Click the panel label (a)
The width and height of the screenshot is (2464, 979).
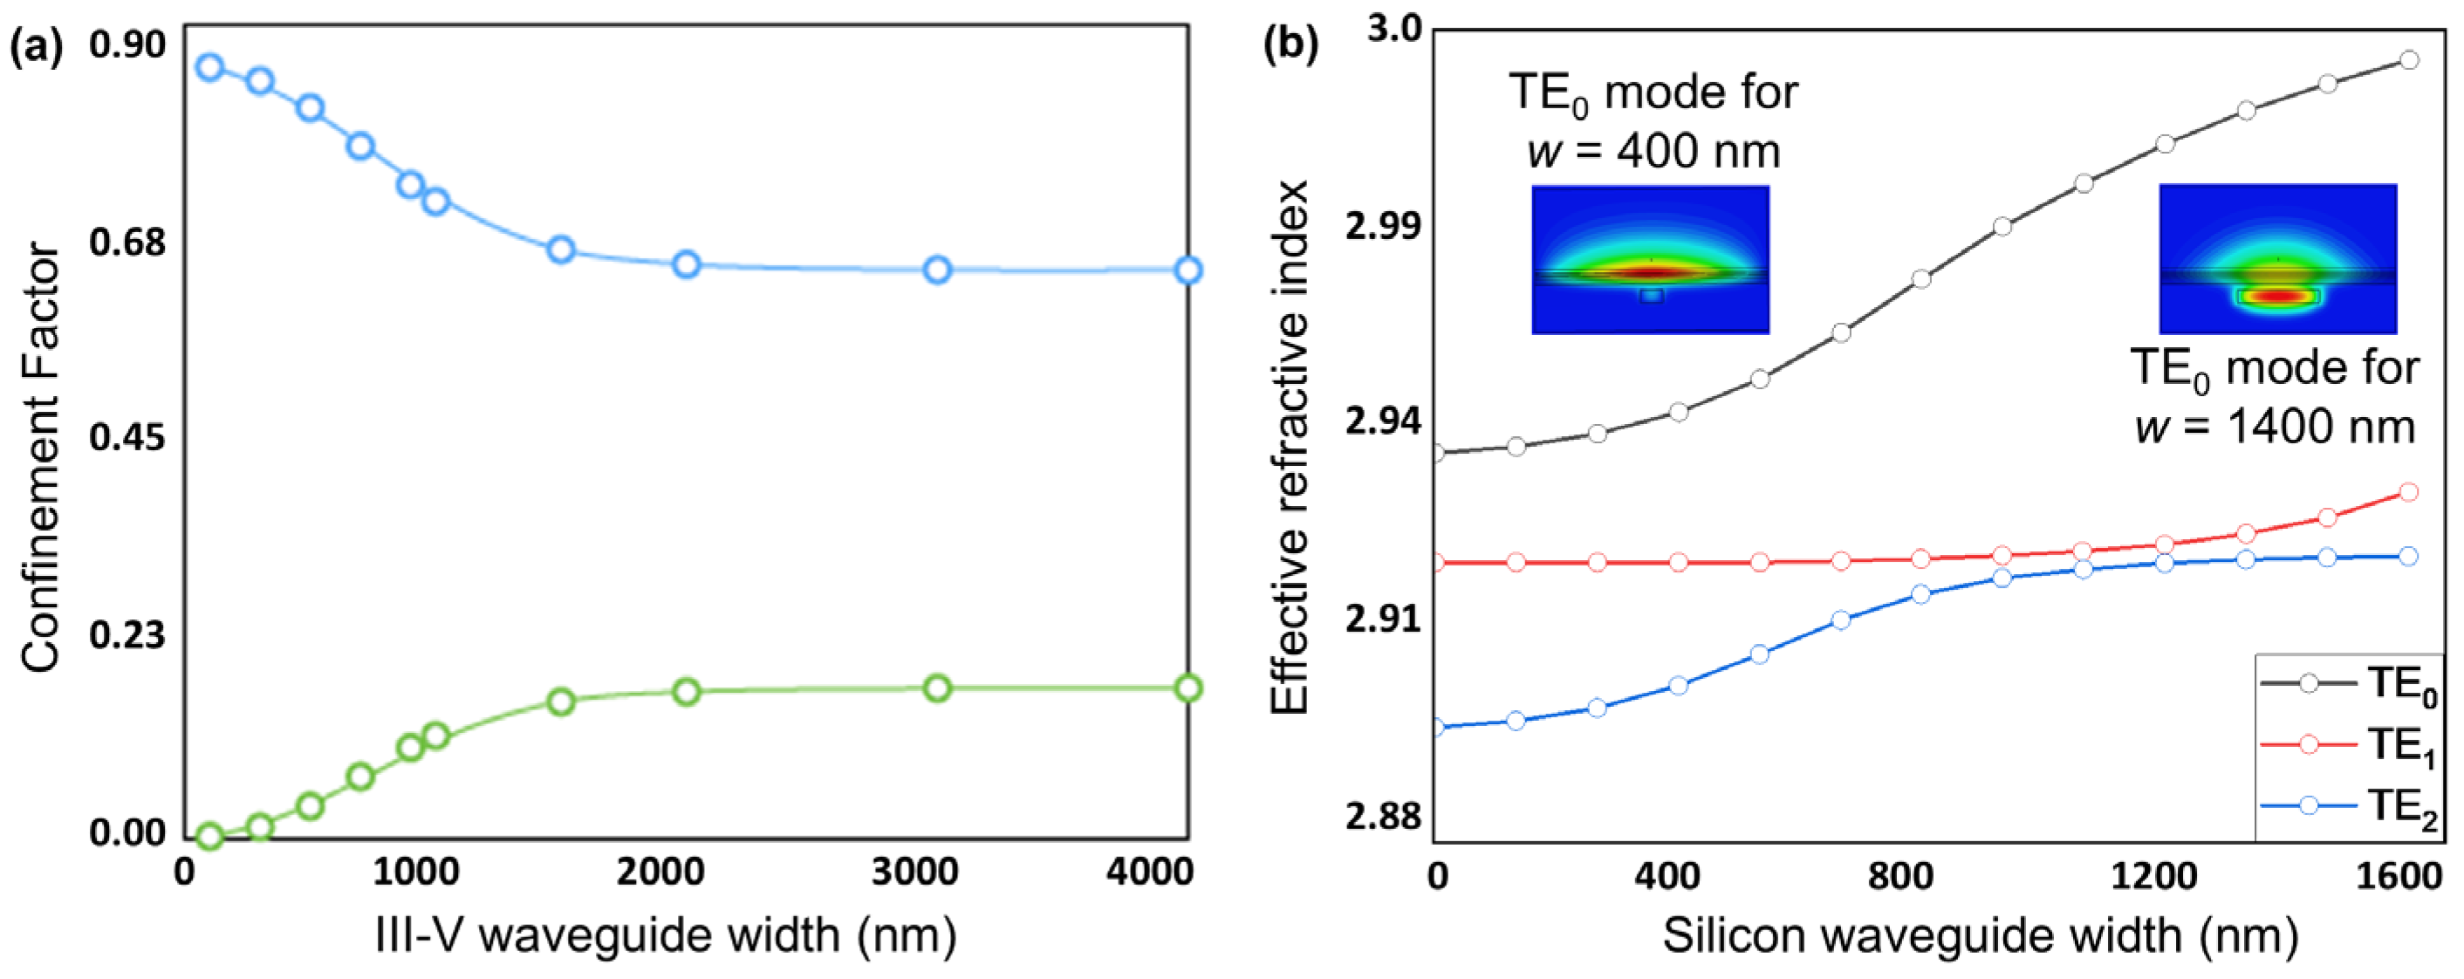[36, 45]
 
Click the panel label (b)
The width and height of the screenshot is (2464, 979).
[1290, 45]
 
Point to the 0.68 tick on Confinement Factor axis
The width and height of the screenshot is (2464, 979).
[127, 242]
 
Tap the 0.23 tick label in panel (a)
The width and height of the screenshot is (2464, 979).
[127, 634]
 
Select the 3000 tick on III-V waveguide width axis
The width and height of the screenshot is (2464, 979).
[914, 872]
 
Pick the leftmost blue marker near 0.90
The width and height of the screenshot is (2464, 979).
[209, 67]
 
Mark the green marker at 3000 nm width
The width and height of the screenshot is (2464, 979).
[937, 688]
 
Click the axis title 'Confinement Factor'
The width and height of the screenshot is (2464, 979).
[40, 457]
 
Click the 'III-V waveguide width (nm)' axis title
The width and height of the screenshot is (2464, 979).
[665, 935]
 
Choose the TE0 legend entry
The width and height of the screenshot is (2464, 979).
[2348, 683]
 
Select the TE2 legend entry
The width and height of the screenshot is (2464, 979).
[2348, 805]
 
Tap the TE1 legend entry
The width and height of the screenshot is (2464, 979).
[2348, 744]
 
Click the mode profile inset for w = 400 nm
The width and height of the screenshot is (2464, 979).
[1650, 259]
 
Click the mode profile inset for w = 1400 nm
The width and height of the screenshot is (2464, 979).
[2277, 259]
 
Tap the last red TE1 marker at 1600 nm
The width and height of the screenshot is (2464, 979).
[2408, 493]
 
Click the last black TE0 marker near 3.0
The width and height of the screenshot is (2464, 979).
[2408, 60]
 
